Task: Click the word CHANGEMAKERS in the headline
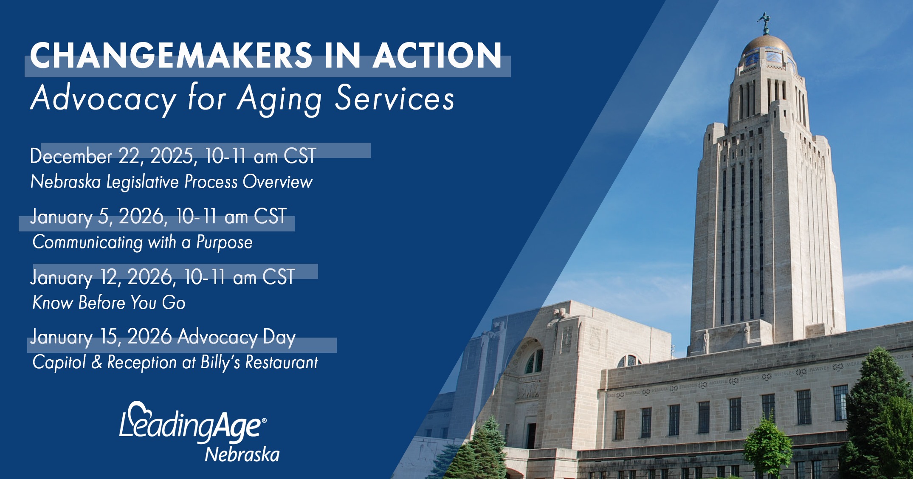[171, 55]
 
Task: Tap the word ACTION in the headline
[437, 55]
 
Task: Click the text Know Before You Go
[109, 303]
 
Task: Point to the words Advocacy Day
[237, 337]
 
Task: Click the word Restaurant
[282, 363]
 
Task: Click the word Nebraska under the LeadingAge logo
[242, 455]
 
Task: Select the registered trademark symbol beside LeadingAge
[264, 420]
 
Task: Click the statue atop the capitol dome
[765, 24]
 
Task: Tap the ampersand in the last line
[97, 362]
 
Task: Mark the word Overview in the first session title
[278, 182]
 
